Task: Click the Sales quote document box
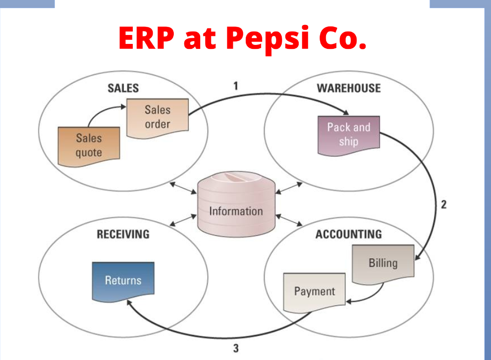(x=89, y=146)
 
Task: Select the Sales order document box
(x=157, y=118)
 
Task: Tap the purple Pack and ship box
(x=349, y=135)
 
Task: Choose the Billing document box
(x=383, y=265)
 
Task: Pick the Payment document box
(x=314, y=293)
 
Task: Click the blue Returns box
(x=123, y=282)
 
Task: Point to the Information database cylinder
(x=236, y=204)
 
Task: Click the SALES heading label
(x=123, y=88)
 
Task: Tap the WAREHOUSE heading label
(x=349, y=88)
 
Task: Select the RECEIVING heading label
(x=123, y=234)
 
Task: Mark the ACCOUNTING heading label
(x=349, y=234)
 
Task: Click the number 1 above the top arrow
(x=236, y=86)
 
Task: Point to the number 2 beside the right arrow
(x=444, y=205)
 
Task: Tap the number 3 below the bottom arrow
(x=236, y=348)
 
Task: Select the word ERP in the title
(x=146, y=38)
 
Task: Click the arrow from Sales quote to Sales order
(x=101, y=111)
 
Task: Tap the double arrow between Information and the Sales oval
(x=183, y=188)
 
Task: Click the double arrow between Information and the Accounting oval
(x=289, y=220)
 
